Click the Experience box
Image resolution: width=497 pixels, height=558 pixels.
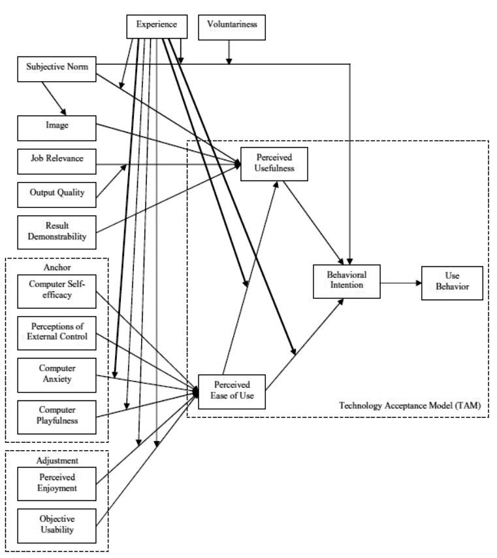pos(157,26)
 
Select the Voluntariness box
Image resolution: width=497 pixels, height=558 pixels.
pos(232,26)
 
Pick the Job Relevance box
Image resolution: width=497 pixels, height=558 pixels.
pos(57,159)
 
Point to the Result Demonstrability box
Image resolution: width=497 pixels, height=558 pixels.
pos(57,231)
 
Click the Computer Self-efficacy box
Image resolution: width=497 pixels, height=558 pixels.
pos(57,290)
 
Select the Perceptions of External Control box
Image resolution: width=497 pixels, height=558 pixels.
pos(57,332)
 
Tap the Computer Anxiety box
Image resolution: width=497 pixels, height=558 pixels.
pos(57,374)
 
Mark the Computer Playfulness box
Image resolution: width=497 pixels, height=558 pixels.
pos(57,415)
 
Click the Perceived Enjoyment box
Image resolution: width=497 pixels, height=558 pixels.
pos(57,483)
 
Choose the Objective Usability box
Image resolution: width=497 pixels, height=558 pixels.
pos(57,525)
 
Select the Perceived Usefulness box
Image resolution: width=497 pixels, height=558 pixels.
pos(274,163)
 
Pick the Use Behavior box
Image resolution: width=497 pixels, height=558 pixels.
pos(452,283)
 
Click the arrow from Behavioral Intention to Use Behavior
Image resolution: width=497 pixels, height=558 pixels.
pos(400,283)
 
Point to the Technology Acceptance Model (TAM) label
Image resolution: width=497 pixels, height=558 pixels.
pos(409,406)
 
